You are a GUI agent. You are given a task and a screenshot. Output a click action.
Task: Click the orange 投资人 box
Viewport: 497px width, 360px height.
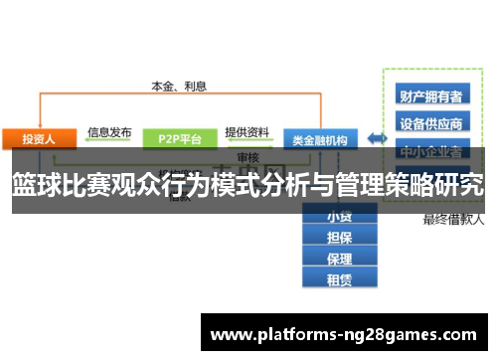pos(40,138)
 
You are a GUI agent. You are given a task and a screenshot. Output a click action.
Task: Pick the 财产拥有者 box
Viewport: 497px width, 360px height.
pos(430,96)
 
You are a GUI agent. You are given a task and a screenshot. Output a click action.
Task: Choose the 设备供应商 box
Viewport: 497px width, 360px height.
pos(430,124)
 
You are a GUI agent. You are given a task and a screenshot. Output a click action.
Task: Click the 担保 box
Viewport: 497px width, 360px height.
pos(339,237)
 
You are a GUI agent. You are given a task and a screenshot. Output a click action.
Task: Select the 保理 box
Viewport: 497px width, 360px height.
pos(339,259)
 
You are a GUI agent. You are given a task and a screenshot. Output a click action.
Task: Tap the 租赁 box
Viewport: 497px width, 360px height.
pos(339,280)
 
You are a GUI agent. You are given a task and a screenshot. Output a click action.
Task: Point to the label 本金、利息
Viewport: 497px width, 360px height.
pos(179,86)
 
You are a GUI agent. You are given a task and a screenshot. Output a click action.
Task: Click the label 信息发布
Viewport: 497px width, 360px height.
pos(109,130)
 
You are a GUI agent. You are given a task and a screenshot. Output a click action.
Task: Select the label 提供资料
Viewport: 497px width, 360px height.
pos(247,130)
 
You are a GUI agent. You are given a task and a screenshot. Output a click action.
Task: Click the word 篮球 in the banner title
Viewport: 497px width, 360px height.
pos(36,185)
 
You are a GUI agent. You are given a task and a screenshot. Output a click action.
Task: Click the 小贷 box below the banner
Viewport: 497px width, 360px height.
pos(339,216)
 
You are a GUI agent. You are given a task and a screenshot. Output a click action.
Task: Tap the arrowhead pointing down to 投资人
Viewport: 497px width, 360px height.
pos(40,122)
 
